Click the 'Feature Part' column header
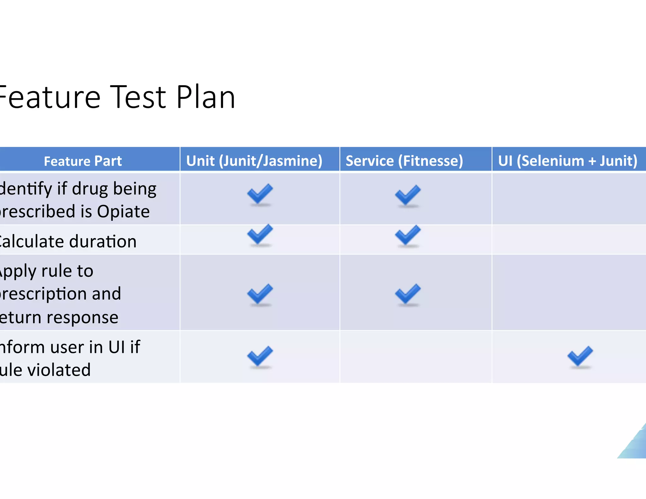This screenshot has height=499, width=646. pyautogui.click(x=83, y=161)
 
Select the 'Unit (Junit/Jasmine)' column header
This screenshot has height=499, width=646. pyautogui.click(x=254, y=161)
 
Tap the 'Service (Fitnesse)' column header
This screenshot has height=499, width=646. pyautogui.click(x=404, y=161)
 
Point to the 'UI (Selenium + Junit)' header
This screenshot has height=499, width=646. pyautogui.click(x=567, y=161)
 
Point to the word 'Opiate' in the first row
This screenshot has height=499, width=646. pyautogui.click(x=123, y=211)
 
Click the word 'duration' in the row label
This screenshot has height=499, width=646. pyautogui.click(x=103, y=242)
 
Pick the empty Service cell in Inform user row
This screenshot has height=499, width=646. pyautogui.click(x=416, y=357)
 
